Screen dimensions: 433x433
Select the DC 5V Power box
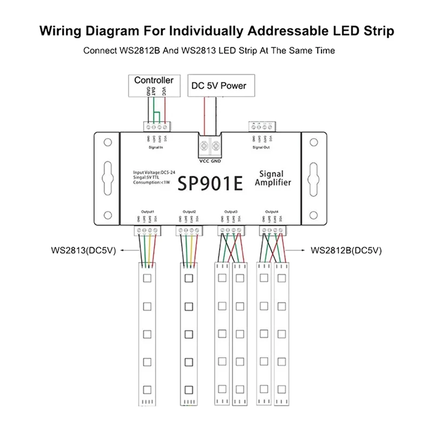pyautogui.click(x=219, y=85)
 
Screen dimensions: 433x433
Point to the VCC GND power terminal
pyautogui.click(x=211, y=146)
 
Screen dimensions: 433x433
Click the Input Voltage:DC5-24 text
pyautogui.click(x=153, y=172)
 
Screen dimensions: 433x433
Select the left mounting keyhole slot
pyautogui.click(x=107, y=179)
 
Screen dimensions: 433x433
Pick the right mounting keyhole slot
pyautogui.click(x=312, y=179)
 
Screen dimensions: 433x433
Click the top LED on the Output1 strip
pyautogui.click(x=147, y=280)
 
